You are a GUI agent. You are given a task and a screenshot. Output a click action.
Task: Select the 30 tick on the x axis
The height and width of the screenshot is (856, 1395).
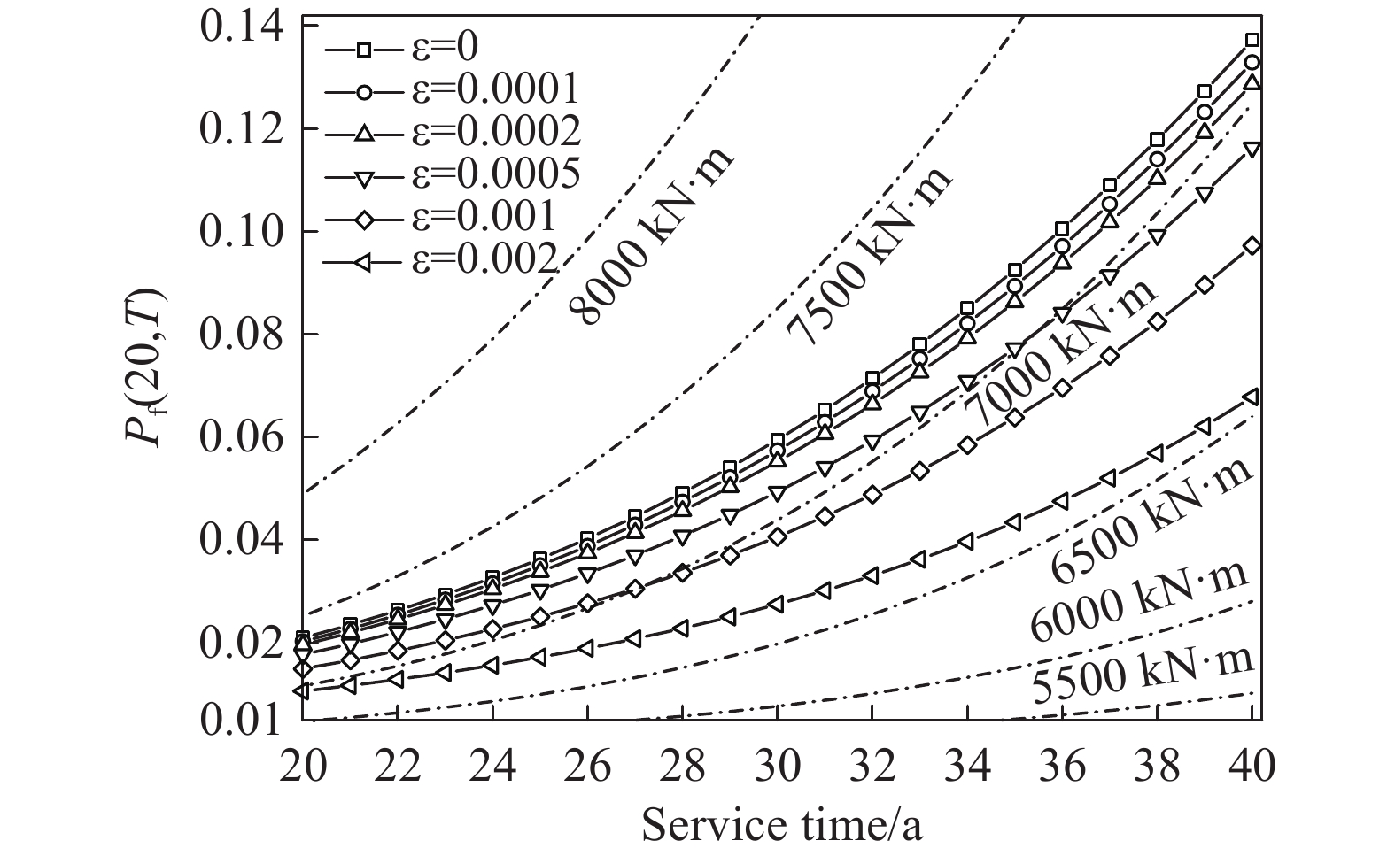tap(777, 765)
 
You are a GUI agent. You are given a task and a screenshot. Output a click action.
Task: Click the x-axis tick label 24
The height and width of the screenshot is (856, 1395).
tap(492, 765)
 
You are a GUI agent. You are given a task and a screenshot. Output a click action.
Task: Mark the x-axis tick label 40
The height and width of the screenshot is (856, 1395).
tap(1252, 765)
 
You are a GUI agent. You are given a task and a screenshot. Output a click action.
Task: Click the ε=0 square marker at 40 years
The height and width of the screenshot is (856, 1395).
tap(1252, 40)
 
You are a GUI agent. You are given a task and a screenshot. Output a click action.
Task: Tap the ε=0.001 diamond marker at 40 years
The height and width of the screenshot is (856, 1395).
tap(1252, 246)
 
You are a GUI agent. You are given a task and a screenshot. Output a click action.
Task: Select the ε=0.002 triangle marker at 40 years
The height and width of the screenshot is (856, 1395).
tap(1252, 397)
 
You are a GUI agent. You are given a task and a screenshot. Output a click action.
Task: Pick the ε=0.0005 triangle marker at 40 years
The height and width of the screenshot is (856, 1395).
tap(1252, 149)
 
